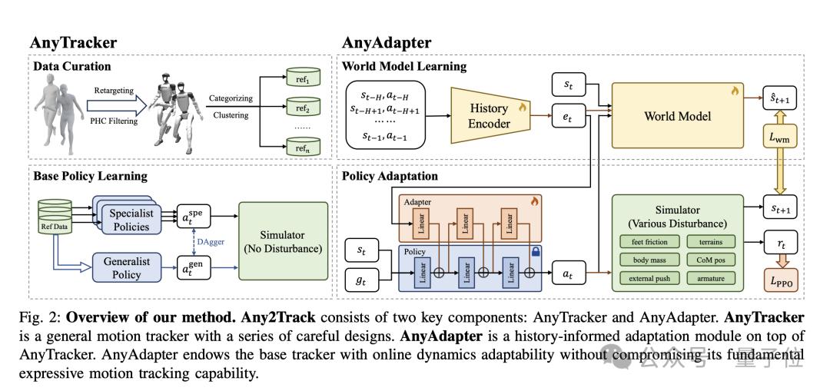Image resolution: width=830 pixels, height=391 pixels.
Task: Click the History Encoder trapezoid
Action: click(x=490, y=115)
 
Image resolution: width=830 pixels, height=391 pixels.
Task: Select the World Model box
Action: click(x=678, y=115)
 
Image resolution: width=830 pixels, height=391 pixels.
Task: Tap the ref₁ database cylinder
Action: click(x=303, y=78)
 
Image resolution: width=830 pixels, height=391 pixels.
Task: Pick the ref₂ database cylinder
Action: click(x=303, y=108)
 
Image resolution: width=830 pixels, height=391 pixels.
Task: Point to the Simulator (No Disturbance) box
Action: click(x=283, y=241)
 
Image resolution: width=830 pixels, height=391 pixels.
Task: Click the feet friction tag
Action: click(x=649, y=242)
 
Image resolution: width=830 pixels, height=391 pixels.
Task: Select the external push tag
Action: click(x=649, y=278)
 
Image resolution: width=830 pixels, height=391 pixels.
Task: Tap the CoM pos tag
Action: click(x=712, y=260)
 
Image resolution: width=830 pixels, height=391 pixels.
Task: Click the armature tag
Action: click(x=712, y=278)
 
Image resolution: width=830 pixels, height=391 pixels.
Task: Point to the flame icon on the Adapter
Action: click(x=534, y=201)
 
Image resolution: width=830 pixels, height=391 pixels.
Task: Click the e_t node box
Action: click(x=569, y=117)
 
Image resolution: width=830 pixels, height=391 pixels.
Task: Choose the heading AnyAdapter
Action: click(x=387, y=42)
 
